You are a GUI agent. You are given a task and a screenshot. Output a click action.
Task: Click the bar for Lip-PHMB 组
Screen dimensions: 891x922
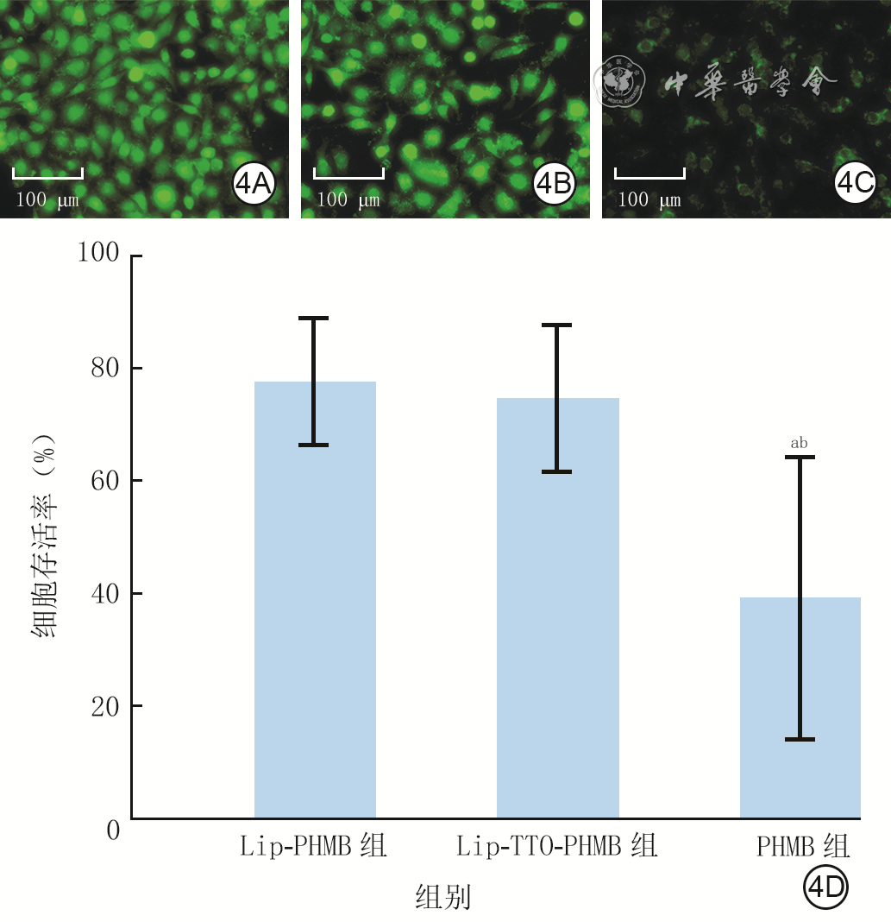[x=315, y=600]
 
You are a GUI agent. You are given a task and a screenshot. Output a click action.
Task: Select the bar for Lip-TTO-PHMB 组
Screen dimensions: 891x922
[x=558, y=608]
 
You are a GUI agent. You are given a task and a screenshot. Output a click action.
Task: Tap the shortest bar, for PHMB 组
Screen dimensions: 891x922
[x=800, y=707]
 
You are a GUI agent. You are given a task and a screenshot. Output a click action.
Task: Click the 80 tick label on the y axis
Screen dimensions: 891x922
[x=105, y=368]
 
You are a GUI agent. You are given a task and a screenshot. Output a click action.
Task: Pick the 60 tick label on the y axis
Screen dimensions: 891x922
[x=105, y=480]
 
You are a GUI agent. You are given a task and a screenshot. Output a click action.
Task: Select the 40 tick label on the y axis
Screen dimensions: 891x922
[x=105, y=594]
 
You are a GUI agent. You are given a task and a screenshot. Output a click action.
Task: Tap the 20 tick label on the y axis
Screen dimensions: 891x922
[x=105, y=706]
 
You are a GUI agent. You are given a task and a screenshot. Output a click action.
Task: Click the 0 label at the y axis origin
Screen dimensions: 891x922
[x=113, y=830]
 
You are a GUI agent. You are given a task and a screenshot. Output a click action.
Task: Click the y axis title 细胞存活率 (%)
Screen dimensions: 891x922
[x=44, y=536]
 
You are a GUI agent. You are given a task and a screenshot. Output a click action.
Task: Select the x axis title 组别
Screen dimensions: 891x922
[x=443, y=897]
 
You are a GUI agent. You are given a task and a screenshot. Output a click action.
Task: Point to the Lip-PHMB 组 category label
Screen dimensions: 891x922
[x=313, y=846]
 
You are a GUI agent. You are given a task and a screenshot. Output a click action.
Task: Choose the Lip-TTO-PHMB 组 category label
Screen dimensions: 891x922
[x=557, y=846]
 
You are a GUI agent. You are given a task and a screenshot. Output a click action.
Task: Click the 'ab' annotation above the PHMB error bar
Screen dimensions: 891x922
[x=799, y=443]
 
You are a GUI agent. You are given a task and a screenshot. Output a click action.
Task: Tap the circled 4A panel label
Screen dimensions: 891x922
[x=254, y=184]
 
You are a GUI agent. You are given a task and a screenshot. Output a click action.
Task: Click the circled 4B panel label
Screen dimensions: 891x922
[x=554, y=184]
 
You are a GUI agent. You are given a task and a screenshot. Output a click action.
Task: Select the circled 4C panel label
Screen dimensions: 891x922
[x=855, y=183]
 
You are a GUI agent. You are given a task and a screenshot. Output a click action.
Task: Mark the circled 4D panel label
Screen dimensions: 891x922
[x=825, y=887]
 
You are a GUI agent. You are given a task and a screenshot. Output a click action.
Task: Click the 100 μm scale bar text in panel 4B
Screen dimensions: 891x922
[x=348, y=199]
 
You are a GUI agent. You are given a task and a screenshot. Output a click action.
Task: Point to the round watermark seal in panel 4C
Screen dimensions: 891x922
[x=619, y=82]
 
